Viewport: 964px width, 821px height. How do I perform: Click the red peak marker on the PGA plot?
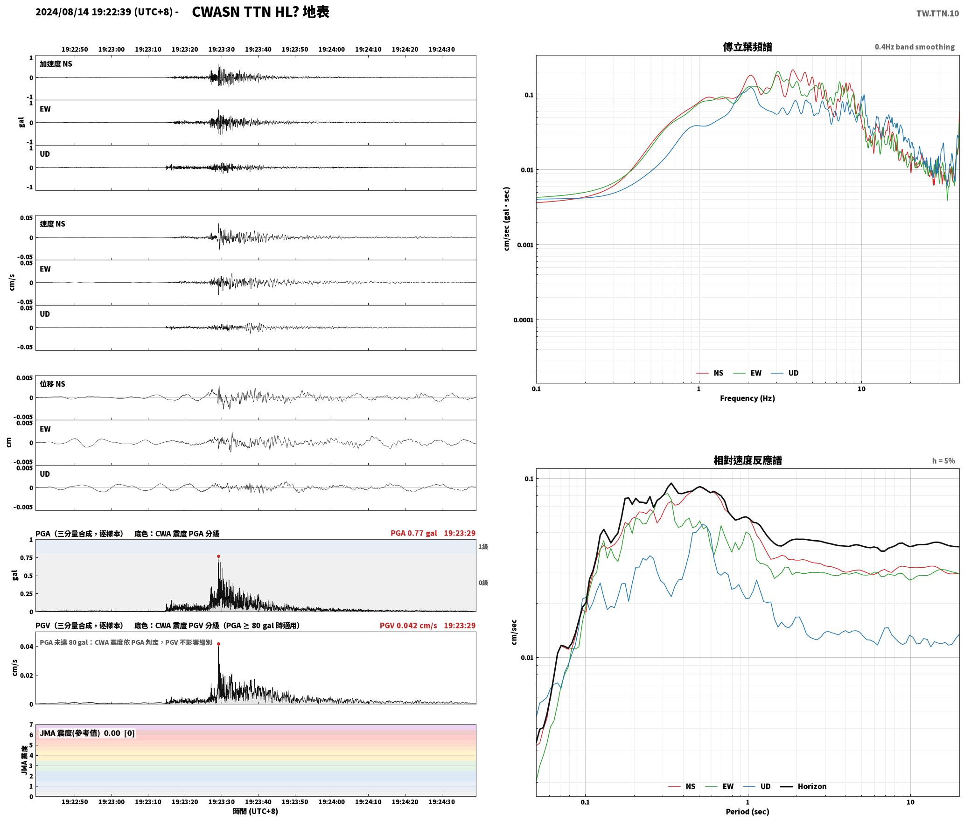218,556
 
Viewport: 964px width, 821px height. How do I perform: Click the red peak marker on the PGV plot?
218,644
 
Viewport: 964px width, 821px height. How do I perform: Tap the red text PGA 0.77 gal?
414,533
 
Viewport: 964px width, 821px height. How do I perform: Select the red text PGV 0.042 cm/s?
408,626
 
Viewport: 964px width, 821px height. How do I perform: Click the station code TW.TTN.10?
937,14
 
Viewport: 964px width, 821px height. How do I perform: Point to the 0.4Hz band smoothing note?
915,47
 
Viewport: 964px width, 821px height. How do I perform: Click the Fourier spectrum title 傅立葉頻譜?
747,47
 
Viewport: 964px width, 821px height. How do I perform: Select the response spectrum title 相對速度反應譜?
747,460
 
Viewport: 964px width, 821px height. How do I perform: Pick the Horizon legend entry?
803,786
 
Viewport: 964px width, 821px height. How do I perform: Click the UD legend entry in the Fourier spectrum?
785,373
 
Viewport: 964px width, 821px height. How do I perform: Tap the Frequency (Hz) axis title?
747,398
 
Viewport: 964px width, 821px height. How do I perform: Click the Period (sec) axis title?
747,812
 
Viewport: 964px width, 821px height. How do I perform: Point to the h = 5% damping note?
943,461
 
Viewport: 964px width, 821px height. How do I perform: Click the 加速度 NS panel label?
56,64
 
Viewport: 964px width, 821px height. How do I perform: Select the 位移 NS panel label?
52,384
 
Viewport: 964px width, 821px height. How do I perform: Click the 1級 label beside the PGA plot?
483,546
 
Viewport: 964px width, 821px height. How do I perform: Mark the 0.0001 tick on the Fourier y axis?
523,320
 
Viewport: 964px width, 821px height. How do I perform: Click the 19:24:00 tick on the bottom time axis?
331,802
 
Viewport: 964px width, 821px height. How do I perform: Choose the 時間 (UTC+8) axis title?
255,811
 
